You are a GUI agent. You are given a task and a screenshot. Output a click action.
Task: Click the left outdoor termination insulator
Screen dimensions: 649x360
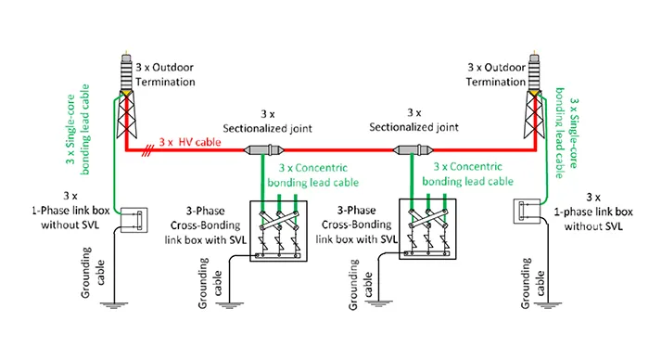[x=126, y=71]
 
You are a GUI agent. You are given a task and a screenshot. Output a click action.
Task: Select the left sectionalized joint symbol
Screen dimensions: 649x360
[x=264, y=150]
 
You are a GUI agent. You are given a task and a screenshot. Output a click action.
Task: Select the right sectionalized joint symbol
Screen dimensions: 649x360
[x=414, y=149]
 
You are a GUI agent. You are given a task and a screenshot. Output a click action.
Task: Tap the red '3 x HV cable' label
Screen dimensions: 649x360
[x=190, y=142]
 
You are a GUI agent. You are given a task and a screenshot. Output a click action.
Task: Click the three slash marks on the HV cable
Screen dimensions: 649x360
[x=146, y=151]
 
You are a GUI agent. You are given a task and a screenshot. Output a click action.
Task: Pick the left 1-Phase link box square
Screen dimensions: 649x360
[x=134, y=220]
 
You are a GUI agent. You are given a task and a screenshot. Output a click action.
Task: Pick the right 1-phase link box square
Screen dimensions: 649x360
[x=527, y=212]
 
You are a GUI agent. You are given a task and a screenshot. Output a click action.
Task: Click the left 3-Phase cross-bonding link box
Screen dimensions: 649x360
[x=278, y=231]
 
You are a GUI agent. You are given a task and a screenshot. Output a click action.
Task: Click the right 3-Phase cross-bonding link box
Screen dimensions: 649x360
[x=427, y=229]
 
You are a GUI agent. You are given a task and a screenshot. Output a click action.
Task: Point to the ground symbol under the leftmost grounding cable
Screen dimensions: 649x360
[x=114, y=305]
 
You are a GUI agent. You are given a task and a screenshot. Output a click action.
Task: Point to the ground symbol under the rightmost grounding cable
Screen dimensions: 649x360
[x=548, y=305]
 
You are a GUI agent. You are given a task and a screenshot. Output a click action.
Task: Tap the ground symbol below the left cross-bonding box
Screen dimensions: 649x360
[x=229, y=305]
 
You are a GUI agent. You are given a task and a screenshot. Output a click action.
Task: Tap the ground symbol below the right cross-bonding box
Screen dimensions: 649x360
[x=378, y=303]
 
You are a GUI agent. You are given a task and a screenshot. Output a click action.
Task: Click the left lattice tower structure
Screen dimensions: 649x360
[x=126, y=115]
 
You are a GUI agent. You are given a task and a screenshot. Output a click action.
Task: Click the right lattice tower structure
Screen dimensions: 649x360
[x=534, y=114]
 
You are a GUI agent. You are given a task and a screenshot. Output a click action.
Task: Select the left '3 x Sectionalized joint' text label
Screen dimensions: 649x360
[x=267, y=121]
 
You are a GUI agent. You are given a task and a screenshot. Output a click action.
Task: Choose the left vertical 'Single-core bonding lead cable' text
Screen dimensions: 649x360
[x=78, y=129]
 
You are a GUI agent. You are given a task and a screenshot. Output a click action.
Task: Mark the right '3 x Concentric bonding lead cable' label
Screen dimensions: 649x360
[x=467, y=174]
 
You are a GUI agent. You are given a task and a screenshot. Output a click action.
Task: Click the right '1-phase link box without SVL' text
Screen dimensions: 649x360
[x=593, y=212]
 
